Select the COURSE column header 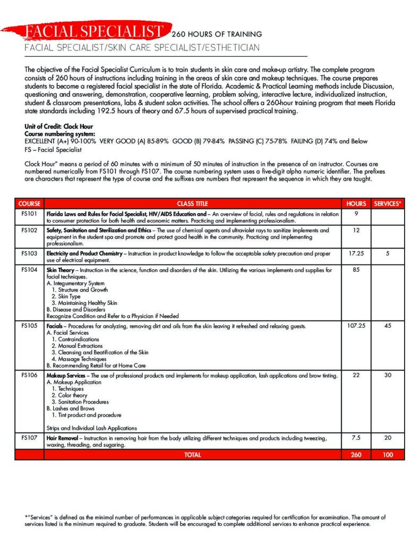(x=29, y=203)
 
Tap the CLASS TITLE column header (x=192, y=203)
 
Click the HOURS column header (x=356, y=203)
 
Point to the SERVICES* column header (x=388, y=203)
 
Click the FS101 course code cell (x=29, y=214)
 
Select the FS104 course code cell (x=29, y=270)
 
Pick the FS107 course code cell (x=29, y=438)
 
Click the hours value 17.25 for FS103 (x=356, y=254)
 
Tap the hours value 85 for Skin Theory (x=356, y=270)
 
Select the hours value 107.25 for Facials (x=356, y=326)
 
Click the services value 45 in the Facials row (x=388, y=326)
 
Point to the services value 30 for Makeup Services (x=388, y=376)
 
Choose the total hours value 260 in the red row (x=356, y=455)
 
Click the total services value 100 (x=388, y=455)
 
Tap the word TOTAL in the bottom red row (x=192, y=455)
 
